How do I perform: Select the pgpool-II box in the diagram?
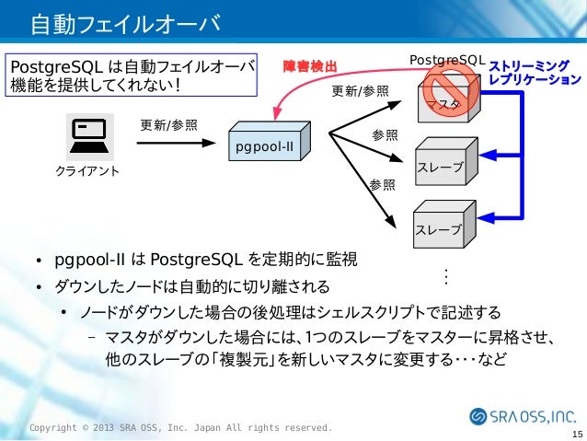pyautogui.click(x=268, y=143)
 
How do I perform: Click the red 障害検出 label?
pyautogui.click(x=311, y=65)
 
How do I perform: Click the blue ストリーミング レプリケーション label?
pyautogui.click(x=535, y=73)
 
